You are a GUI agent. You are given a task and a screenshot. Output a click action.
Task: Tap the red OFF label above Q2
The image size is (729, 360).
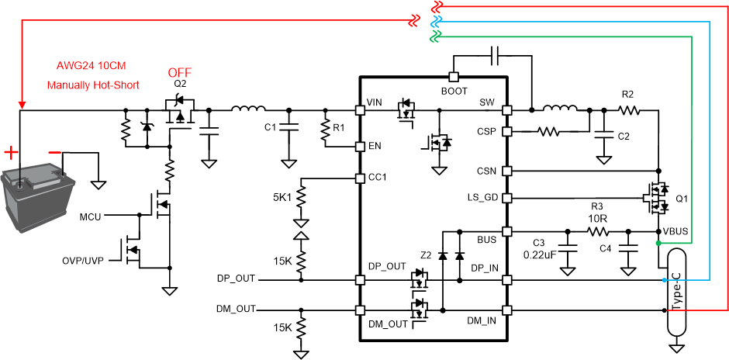pos(180,74)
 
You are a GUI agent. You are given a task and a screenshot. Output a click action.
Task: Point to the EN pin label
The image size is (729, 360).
pos(375,146)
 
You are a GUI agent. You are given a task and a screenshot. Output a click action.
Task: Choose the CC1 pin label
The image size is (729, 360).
pos(378,178)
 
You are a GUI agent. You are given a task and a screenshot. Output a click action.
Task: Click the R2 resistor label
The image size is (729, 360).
pos(628,95)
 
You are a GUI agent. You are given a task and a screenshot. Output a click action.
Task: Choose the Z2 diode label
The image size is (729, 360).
pos(426,255)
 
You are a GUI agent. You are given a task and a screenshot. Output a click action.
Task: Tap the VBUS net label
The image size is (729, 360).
pos(675,232)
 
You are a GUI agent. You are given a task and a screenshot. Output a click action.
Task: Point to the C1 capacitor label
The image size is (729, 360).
pos(271,126)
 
